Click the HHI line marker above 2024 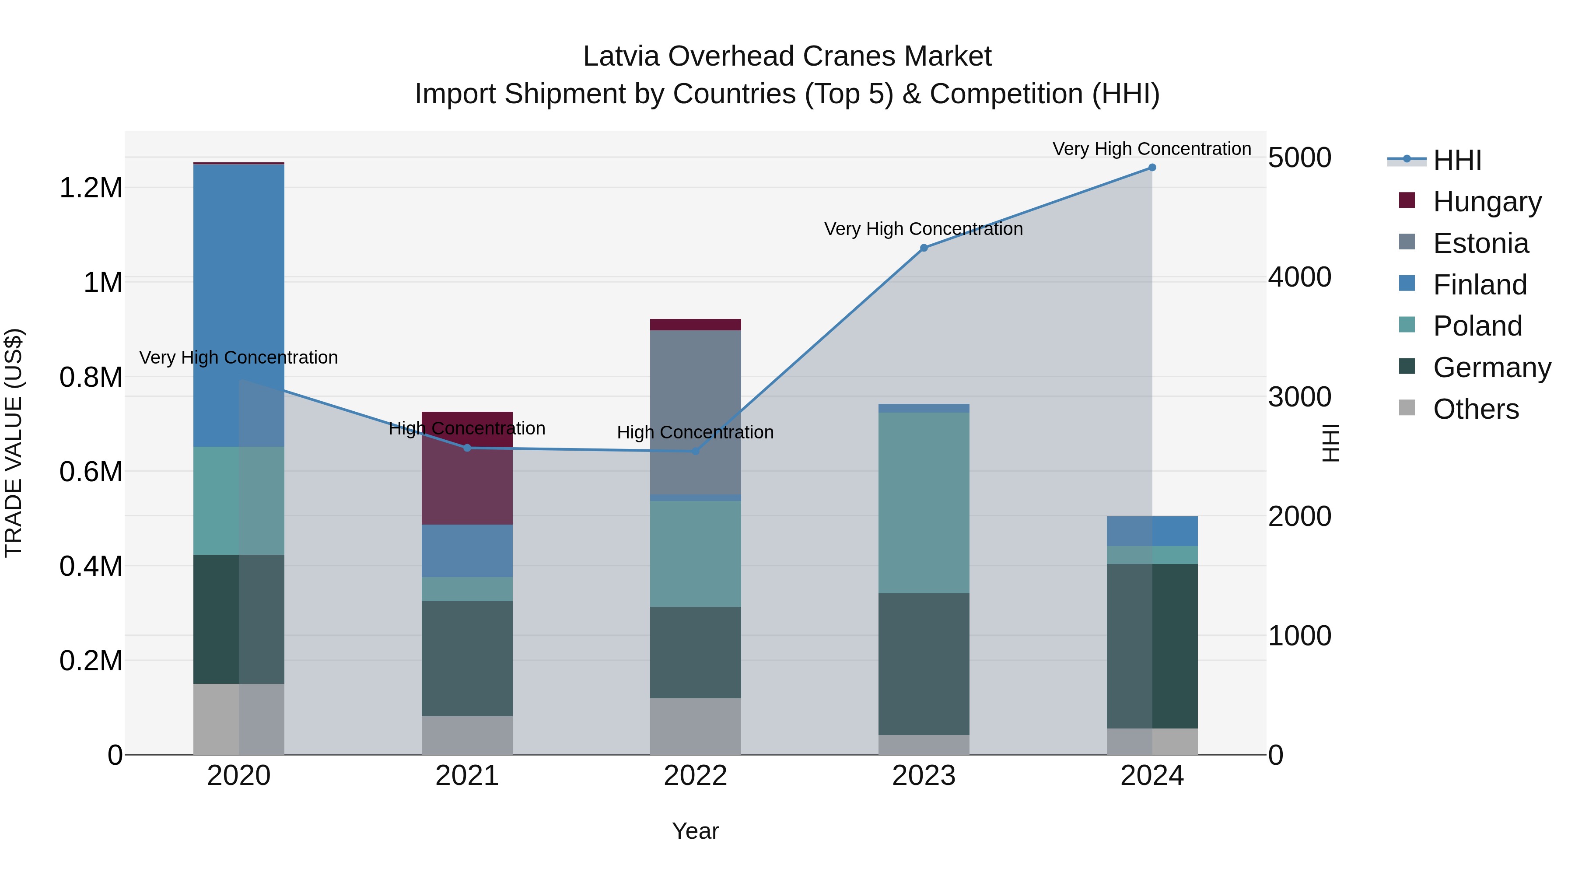pos(1152,168)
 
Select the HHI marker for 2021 pos(467,448)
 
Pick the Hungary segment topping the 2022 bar pos(695,325)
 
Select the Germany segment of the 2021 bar pos(467,658)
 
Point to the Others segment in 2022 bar pos(695,726)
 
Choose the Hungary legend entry pos(1487,201)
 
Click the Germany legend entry pos(1492,368)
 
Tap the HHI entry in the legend pos(1456,160)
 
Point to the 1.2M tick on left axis pos(91,188)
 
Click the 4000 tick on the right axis pos(1299,277)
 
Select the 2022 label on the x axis pos(695,776)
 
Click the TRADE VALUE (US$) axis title pos(14,443)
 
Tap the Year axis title pos(695,831)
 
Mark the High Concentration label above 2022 pos(695,432)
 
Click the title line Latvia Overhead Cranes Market pos(787,56)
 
